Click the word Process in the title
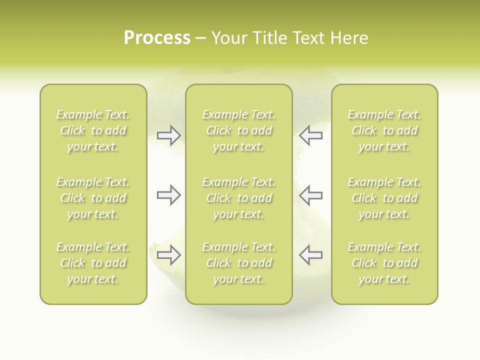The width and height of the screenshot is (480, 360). (x=157, y=38)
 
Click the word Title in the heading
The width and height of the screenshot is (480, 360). (x=270, y=38)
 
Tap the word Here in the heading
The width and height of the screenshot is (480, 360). (x=349, y=38)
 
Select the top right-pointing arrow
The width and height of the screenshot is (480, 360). (x=168, y=135)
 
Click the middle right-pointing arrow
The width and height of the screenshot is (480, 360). (x=168, y=195)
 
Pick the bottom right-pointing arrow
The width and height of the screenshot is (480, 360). (x=168, y=255)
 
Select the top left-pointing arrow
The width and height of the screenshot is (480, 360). (x=310, y=135)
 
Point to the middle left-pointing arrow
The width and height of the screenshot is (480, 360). (x=310, y=195)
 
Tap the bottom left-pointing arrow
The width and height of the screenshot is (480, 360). (x=310, y=255)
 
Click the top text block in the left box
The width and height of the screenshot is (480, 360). (x=93, y=130)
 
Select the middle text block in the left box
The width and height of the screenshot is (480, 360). (x=93, y=198)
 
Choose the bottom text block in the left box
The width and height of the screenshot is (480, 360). (x=93, y=263)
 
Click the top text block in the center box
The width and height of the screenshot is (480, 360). (x=238, y=130)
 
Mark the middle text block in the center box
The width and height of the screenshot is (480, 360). (x=238, y=198)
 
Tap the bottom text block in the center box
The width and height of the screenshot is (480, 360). (x=238, y=263)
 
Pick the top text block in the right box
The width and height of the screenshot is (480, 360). (x=384, y=130)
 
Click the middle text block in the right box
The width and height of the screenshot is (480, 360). (x=384, y=198)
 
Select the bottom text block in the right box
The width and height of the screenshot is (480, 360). (x=384, y=263)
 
